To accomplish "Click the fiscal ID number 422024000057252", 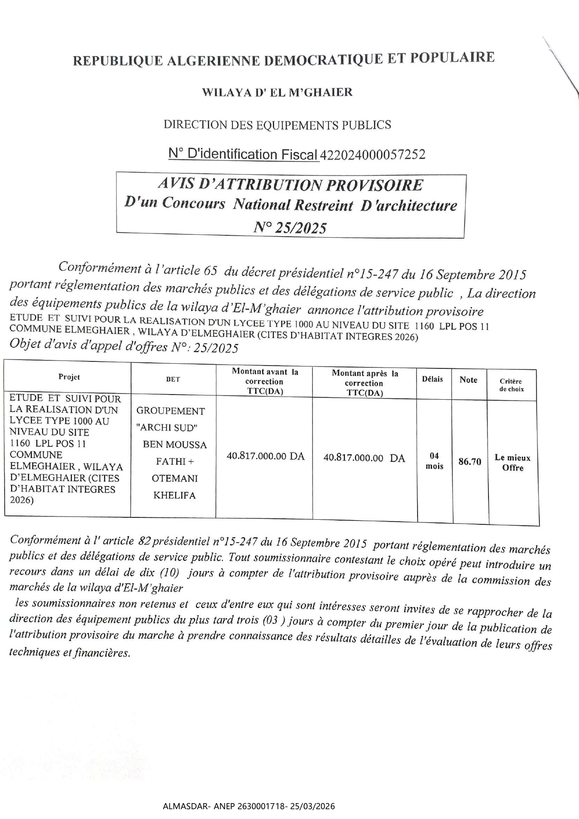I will click(372, 155).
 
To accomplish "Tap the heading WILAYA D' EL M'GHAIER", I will click(277, 92).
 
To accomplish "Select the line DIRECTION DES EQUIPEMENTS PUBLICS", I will click(277, 125).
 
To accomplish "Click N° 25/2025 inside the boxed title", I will click(290, 228).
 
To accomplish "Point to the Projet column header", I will click(69, 377).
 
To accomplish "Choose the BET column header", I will click(173, 380).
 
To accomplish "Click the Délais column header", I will click(433, 379).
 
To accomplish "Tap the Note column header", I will click(468, 380).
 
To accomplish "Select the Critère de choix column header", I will click(511, 385).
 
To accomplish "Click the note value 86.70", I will click(469, 462).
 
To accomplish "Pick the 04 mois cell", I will click(434, 461).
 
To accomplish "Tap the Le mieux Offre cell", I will click(513, 463).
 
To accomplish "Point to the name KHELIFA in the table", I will click(174, 495).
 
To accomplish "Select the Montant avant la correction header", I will click(265, 381).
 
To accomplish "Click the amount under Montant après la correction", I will click(364, 458).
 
